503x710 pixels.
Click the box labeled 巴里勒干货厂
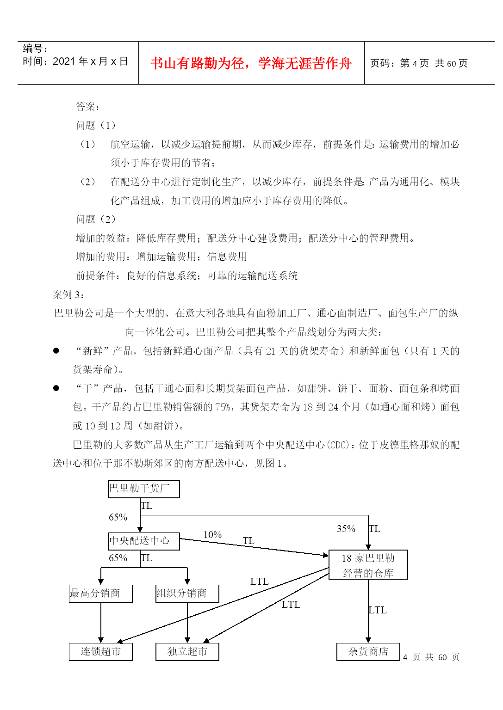(x=144, y=489)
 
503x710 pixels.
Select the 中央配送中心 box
(x=144, y=541)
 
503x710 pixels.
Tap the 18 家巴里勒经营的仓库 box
(x=368, y=564)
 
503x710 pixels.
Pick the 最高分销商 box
(x=100, y=594)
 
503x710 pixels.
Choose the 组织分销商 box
(x=187, y=594)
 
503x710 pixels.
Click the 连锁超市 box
(x=100, y=652)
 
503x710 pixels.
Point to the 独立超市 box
(x=187, y=652)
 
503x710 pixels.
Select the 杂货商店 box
(x=368, y=652)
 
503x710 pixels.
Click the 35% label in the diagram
(x=346, y=529)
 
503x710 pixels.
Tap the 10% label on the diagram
(x=212, y=535)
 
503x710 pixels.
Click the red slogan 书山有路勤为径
(x=197, y=63)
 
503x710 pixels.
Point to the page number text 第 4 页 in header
(x=414, y=63)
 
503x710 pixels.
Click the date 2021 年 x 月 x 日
(x=90, y=61)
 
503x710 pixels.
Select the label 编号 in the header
(x=33, y=49)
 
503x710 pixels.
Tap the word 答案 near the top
(x=85, y=106)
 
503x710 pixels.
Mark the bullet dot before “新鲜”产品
(x=56, y=350)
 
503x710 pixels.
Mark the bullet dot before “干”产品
(x=56, y=388)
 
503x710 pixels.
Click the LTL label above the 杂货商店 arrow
(x=377, y=610)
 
